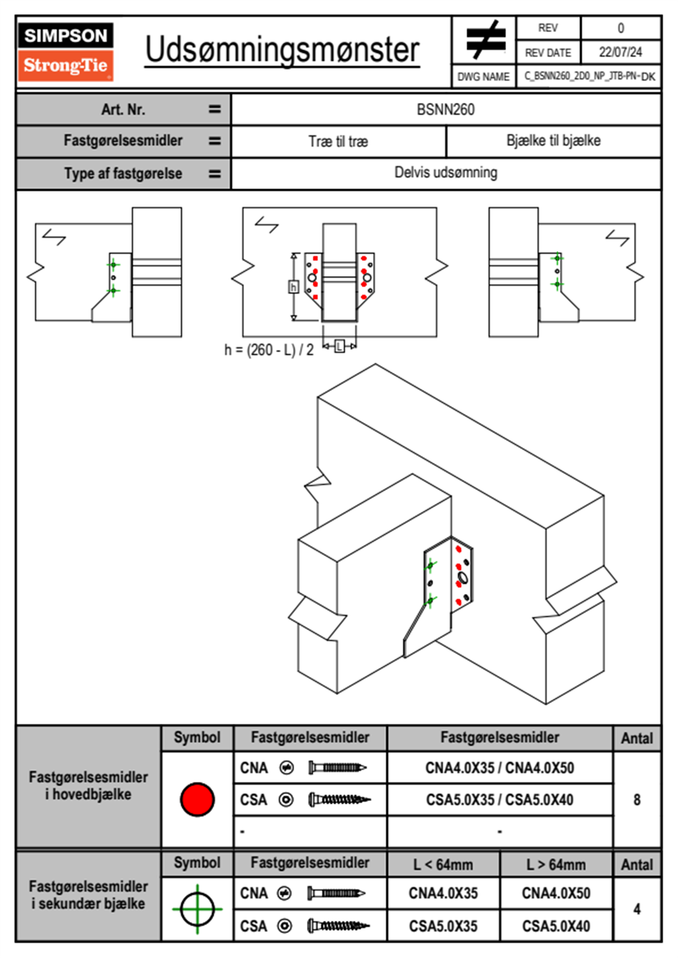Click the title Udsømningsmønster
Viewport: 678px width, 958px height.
pos(282,50)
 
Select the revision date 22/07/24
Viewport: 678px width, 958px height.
pos(620,52)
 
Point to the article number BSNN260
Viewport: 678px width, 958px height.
pos(446,109)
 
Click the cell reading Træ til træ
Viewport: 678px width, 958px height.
pos(338,141)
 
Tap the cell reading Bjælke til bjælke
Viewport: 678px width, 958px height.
pos(553,141)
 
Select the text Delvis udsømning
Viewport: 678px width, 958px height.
pos(446,173)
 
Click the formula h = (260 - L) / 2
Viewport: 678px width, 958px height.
pos(269,350)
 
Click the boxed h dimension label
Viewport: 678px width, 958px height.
pos(293,286)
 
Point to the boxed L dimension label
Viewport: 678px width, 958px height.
pos(340,346)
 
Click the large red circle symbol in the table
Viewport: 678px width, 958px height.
pos(197,799)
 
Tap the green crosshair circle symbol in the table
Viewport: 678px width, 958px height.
pos(197,909)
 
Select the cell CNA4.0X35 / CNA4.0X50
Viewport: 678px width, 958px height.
pos(500,768)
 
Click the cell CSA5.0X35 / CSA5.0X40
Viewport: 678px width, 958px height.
pos(500,800)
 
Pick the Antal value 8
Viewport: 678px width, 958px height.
pos(637,800)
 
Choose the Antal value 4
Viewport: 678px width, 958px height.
pos(637,909)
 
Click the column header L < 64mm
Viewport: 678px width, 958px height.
pos(443,865)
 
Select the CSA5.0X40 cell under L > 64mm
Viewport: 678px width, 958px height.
pos(556,926)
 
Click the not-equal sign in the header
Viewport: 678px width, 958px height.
pos(485,40)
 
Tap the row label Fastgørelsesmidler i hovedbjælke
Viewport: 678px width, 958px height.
pos(88,785)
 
